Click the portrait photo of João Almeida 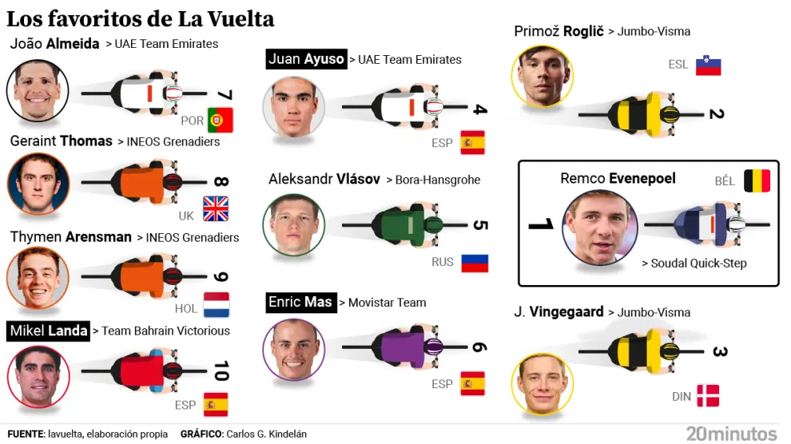tap(38, 91)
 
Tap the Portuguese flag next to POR tap(220, 120)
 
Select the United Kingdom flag tap(216, 208)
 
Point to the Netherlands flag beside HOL tap(216, 305)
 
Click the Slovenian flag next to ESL tap(708, 65)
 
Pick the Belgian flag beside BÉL tap(757, 181)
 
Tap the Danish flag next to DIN tap(708, 395)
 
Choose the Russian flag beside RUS tap(475, 263)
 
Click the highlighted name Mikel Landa tap(48, 331)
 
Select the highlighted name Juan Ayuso tap(307, 59)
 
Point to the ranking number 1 tap(541, 225)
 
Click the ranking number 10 tap(221, 371)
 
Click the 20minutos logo tap(730, 434)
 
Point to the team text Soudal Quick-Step tap(694, 263)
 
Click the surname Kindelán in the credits tap(282, 434)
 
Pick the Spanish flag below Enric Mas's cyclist tap(472, 384)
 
